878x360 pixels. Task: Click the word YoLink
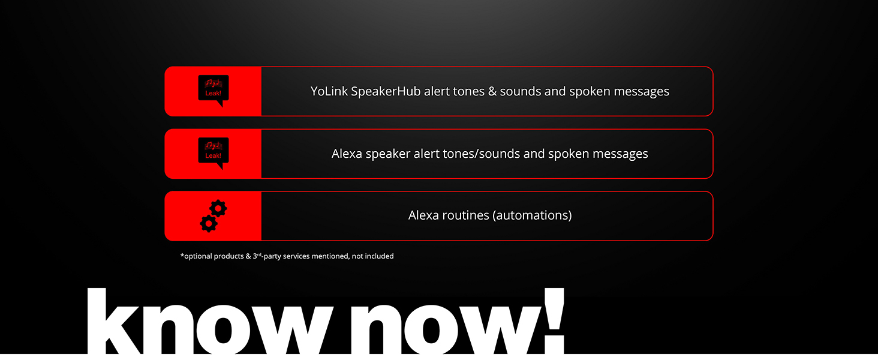(329, 92)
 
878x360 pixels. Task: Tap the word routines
(465, 215)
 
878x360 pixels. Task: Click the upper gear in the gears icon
(219, 209)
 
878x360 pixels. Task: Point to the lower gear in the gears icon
(208, 224)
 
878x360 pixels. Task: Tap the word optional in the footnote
(198, 256)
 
